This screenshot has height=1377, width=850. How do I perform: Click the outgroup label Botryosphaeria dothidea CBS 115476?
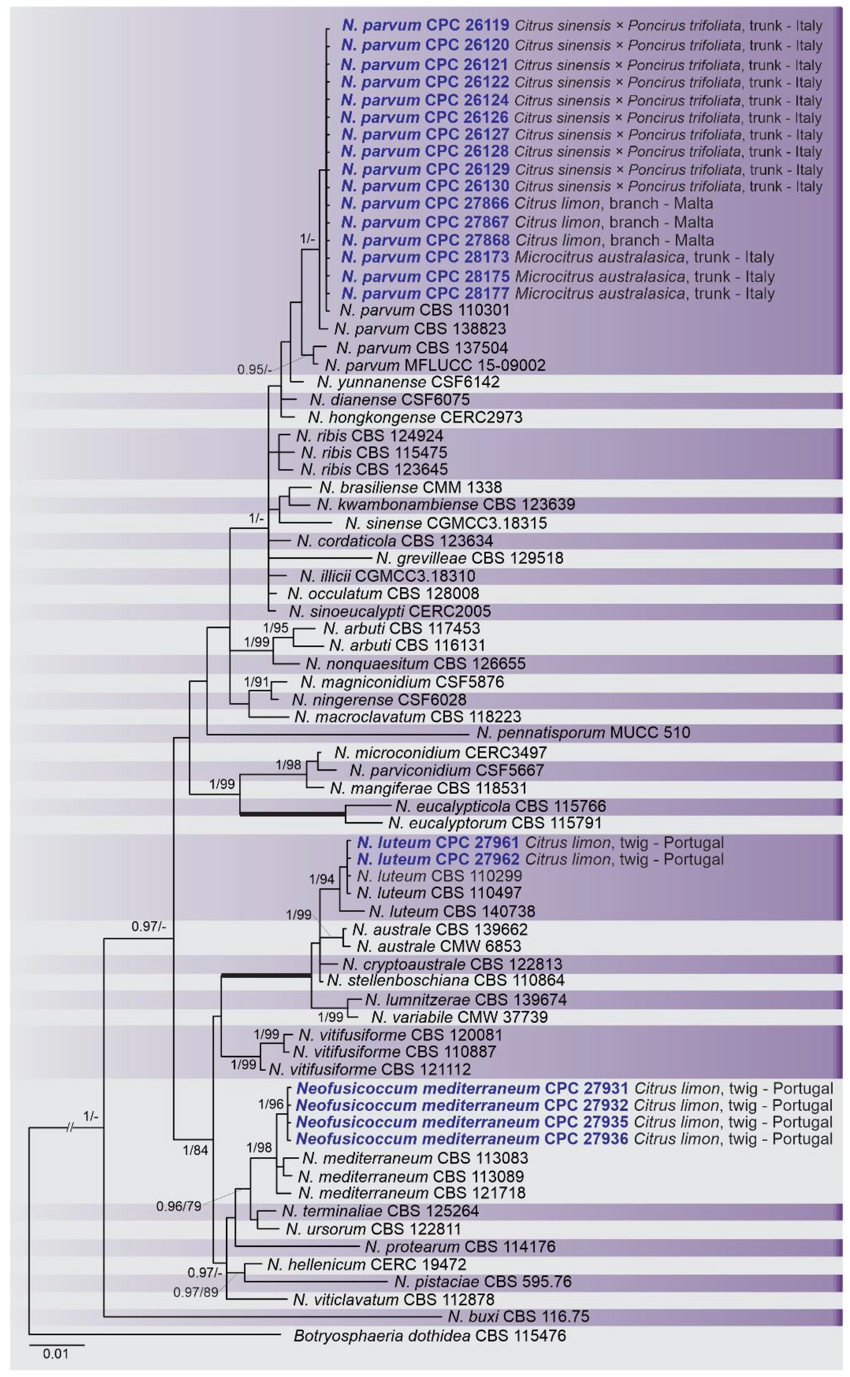pyautogui.click(x=430, y=1335)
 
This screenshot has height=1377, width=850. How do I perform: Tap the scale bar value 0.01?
pyautogui.click(x=56, y=1354)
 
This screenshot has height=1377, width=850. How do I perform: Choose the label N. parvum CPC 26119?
pyautogui.click(x=425, y=25)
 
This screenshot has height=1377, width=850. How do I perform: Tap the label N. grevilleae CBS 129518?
pyautogui.click(x=469, y=558)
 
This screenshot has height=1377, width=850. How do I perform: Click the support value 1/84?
pyautogui.click(x=195, y=1150)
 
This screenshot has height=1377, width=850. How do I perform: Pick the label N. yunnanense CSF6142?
pyautogui.click(x=408, y=382)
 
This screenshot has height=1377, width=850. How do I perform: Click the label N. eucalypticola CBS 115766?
pyautogui.click(x=500, y=806)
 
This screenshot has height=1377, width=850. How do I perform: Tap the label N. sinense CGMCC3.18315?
pyautogui.click(x=446, y=523)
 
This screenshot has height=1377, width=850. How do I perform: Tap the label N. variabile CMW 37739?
pyautogui.click(x=459, y=1017)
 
